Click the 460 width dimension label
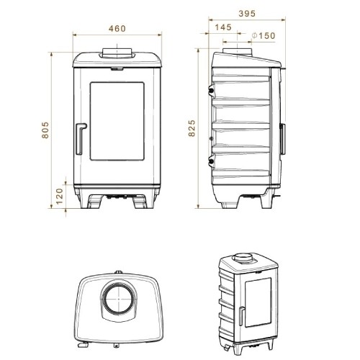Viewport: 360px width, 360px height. click(117, 29)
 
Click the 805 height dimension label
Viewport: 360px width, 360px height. click(45, 130)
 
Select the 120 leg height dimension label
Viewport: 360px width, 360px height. click(59, 196)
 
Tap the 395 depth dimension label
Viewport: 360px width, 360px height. click(247, 14)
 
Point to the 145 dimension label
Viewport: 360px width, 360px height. click(223, 27)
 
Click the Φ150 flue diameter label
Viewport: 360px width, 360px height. click(264, 36)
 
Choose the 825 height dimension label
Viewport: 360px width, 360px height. click(192, 128)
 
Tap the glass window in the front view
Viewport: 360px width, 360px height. click(117, 121)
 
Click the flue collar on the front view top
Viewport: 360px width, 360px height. click(117, 53)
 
